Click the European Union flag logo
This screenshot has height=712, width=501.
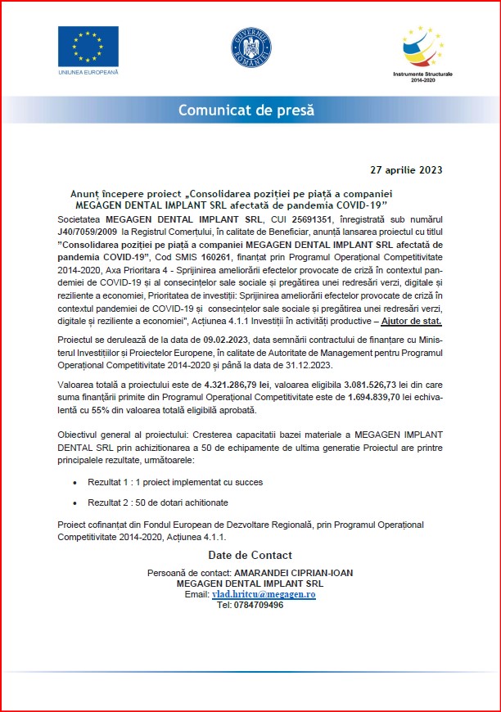click(x=88, y=47)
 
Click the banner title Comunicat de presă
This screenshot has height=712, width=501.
click(x=246, y=110)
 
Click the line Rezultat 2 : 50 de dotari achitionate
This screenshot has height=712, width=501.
click(x=159, y=502)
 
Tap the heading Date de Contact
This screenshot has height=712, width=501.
click(x=250, y=555)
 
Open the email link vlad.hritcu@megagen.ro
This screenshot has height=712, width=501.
click(x=264, y=594)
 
